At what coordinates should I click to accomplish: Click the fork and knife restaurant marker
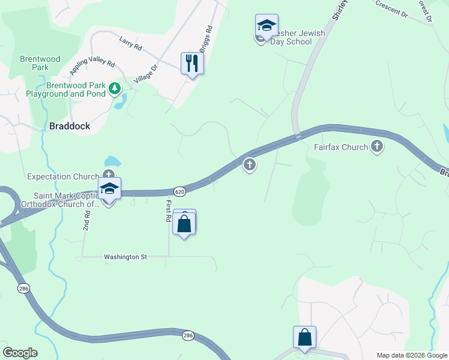tap(192, 63)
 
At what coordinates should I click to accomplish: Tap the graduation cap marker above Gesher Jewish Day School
tap(267, 25)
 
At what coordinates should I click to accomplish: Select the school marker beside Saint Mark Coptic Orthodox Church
tap(110, 189)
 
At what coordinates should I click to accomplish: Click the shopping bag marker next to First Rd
tap(184, 224)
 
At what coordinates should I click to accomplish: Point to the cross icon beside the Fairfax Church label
tap(377, 146)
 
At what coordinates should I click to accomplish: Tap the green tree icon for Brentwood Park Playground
tap(115, 89)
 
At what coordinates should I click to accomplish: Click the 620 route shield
tap(181, 191)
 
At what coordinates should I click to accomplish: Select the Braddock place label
tap(70, 126)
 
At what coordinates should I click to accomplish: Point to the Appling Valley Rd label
tap(91, 62)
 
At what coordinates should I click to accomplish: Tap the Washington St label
tap(125, 257)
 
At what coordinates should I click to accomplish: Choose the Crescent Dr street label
tap(391, 8)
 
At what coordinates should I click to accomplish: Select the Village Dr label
tap(145, 74)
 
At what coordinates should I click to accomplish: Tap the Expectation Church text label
tap(63, 176)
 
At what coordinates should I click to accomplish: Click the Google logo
tap(20, 353)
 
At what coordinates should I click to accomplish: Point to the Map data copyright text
tap(411, 355)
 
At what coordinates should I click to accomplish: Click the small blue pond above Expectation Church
tap(112, 161)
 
